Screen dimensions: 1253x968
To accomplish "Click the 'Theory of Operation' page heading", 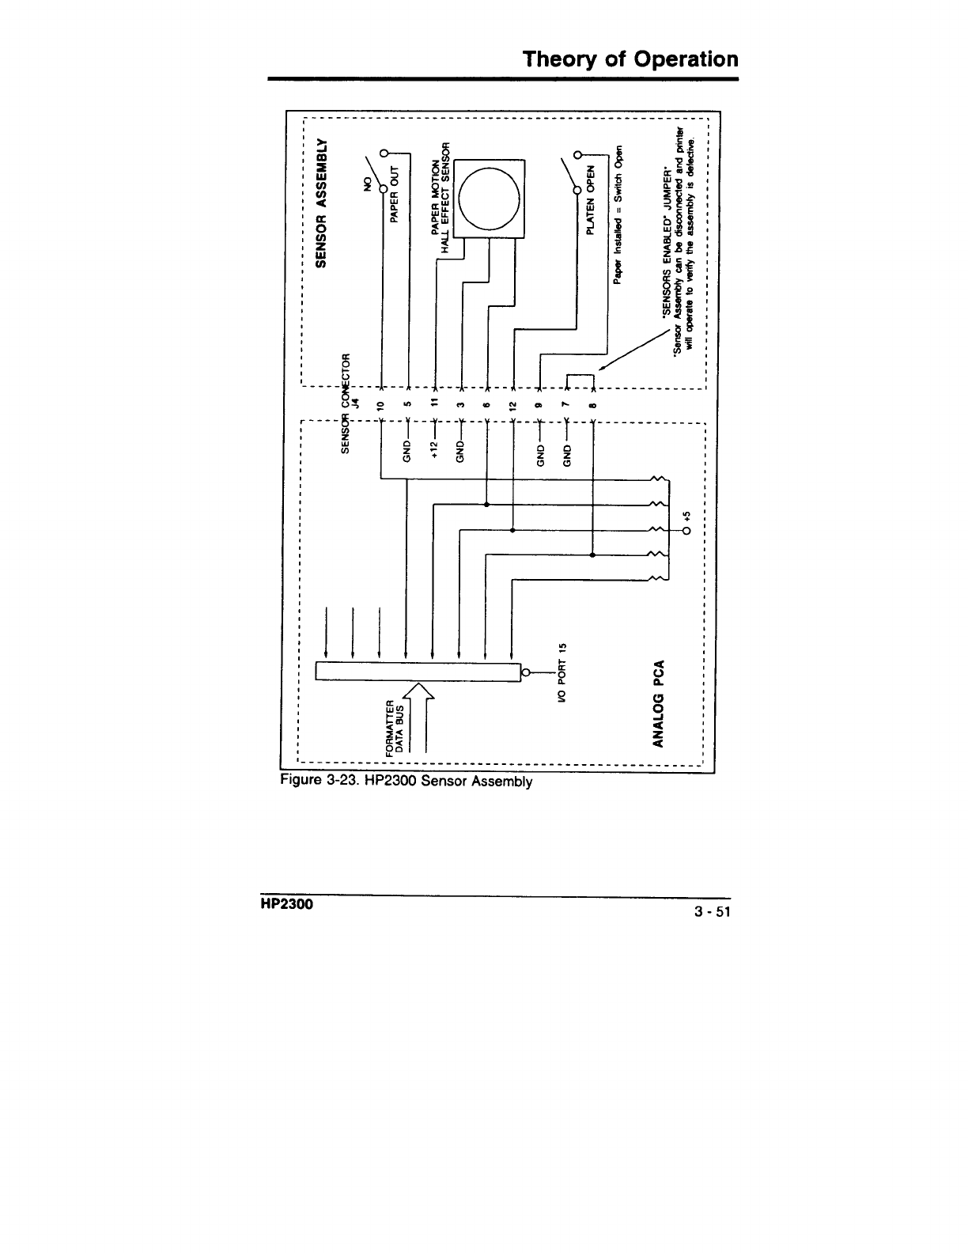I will pyautogui.click(x=630, y=59).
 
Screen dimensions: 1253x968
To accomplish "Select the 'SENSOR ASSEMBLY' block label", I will pyautogui.click(x=321, y=203).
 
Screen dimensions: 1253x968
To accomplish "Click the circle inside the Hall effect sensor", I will pyautogui.click(x=490, y=199).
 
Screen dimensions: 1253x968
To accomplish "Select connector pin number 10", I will pyautogui.click(x=380, y=406).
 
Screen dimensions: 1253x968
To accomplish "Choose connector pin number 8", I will pyautogui.click(x=593, y=406).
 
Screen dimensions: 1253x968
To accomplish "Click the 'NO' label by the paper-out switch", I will pyautogui.click(x=366, y=184).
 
